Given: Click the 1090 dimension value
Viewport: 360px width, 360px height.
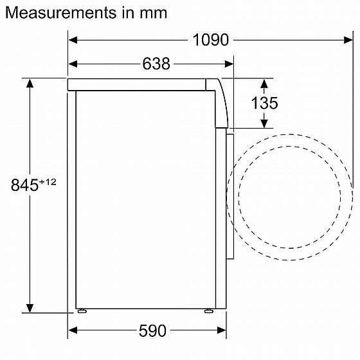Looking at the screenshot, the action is click(211, 40).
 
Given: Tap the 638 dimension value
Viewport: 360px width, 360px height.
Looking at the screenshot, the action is click(156, 64).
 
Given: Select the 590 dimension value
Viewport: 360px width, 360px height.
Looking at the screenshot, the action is click(152, 330).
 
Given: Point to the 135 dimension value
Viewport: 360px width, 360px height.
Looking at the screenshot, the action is click(264, 103).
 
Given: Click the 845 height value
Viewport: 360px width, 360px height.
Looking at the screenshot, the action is click(24, 185).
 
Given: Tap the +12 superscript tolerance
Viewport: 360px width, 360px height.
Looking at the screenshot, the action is click(48, 182).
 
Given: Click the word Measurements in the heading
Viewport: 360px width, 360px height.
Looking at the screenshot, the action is click(61, 13).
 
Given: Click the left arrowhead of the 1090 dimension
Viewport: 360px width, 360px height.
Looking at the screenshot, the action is click(73, 40).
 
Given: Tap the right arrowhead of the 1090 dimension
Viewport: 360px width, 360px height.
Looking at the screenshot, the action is click(348, 40).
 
